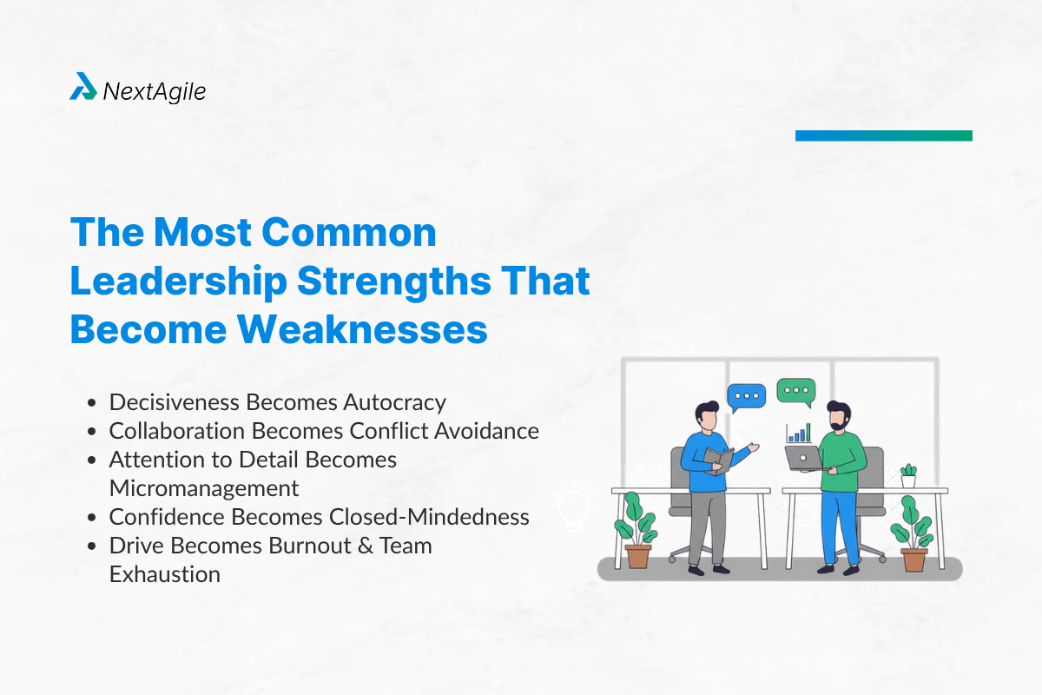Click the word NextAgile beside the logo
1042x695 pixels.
pyautogui.click(x=155, y=90)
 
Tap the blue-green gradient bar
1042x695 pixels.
pyautogui.click(x=883, y=136)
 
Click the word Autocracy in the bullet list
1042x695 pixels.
pyautogui.click(x=394, y=402)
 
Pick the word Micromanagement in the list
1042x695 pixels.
pyautogui.click(x=204, y=488)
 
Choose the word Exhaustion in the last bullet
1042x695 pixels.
pyautogui.click(x=165, y=574)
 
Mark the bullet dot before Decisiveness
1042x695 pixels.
pyautogui.click(x=93, y=403)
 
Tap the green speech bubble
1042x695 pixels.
pyautogui.click(x=796, y=391)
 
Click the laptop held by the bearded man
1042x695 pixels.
pyautogui.click(x=802, y=456)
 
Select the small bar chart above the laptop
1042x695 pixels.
pyautogui.click(x=799, y=433)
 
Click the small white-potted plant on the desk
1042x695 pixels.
pyautogui.click(x=908, y=475)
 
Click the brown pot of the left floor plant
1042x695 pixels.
pyautogui.click(x=638, y=556)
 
